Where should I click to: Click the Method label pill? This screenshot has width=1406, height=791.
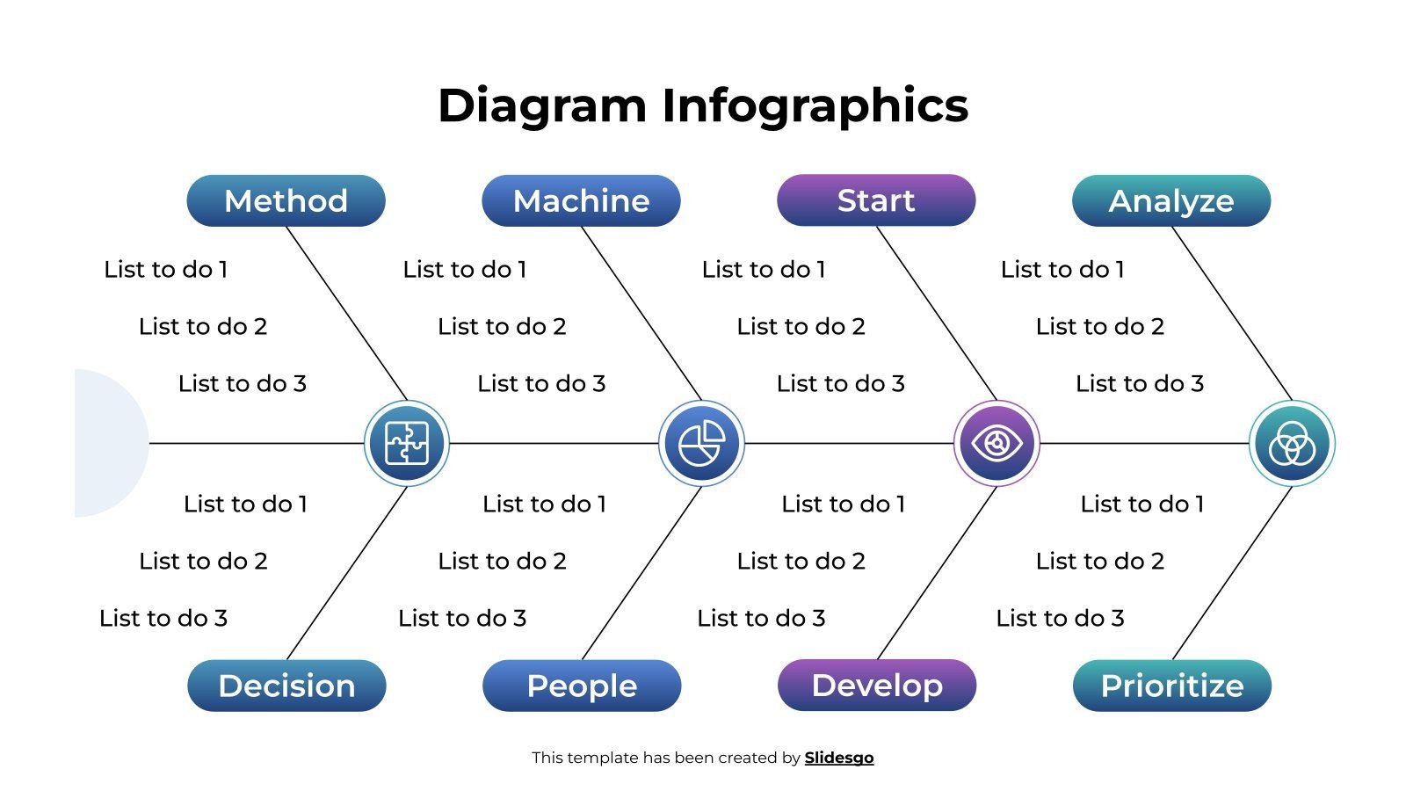pos(286,200)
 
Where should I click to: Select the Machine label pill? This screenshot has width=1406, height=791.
pos(581,200)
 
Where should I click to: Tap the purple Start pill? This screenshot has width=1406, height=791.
pos(876,200)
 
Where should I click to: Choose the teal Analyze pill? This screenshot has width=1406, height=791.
pos(1171,200)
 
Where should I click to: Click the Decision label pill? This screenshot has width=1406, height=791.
pos(286,686)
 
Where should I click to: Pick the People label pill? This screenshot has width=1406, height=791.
pos(582,686)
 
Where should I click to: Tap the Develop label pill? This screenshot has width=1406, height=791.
pos(877,685)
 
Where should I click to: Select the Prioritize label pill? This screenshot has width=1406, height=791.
pos(1172,686)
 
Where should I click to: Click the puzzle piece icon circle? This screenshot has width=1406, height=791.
pos(407,443)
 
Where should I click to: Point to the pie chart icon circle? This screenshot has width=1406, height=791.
pos(701,443)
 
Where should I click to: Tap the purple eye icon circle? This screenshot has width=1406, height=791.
pos(997,443)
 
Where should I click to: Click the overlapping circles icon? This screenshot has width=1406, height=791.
pos(1292,443)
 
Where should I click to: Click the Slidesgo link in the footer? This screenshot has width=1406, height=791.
pos(839,758)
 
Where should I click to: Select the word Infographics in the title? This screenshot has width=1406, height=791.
pos(815,105)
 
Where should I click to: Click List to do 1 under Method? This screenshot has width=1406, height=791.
pos(166,269)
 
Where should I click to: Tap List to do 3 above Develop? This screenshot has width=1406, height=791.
pos(761,618)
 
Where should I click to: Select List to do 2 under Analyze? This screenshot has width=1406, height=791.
pos(1099,326)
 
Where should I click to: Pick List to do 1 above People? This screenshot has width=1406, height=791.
pos(544,504)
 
